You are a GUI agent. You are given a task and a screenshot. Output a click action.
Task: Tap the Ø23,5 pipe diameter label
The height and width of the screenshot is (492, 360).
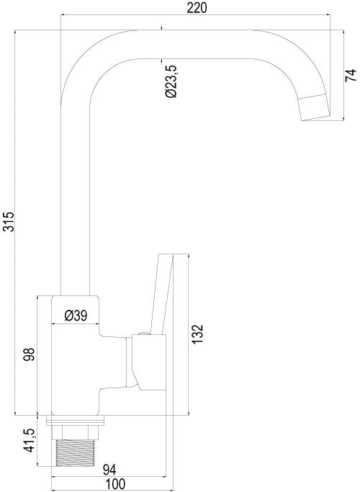click(171, 81)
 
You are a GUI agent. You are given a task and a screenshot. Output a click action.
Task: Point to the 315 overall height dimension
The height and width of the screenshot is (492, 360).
click(8, 223)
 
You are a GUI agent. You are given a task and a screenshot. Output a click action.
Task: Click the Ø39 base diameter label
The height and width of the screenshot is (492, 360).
click(76, 315)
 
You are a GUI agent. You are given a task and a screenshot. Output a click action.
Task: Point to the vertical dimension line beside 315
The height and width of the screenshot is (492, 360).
click(17, 223)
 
